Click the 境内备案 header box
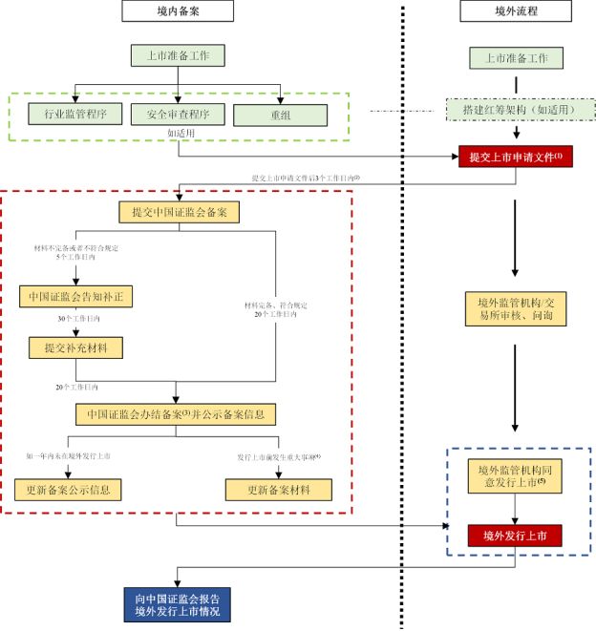click(x=179, y=11)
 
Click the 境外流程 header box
click(x=517, y=11)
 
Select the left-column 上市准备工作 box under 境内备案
click(x=180, y=55)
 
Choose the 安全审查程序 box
click(x=179, y=115)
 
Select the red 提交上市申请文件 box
click(x=517, y=156)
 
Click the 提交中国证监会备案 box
click(x=179, y=211)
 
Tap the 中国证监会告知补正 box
click(x=75, y=297)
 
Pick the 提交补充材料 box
click(x=75, y=348)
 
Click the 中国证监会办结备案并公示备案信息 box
click(x=178, y=415)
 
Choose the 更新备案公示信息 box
click(x=69, y=490)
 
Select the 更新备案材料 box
click(x=280, y=490)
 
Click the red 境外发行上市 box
click(x=516, y=535)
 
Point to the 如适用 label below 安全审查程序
click(x=179, y=134)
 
